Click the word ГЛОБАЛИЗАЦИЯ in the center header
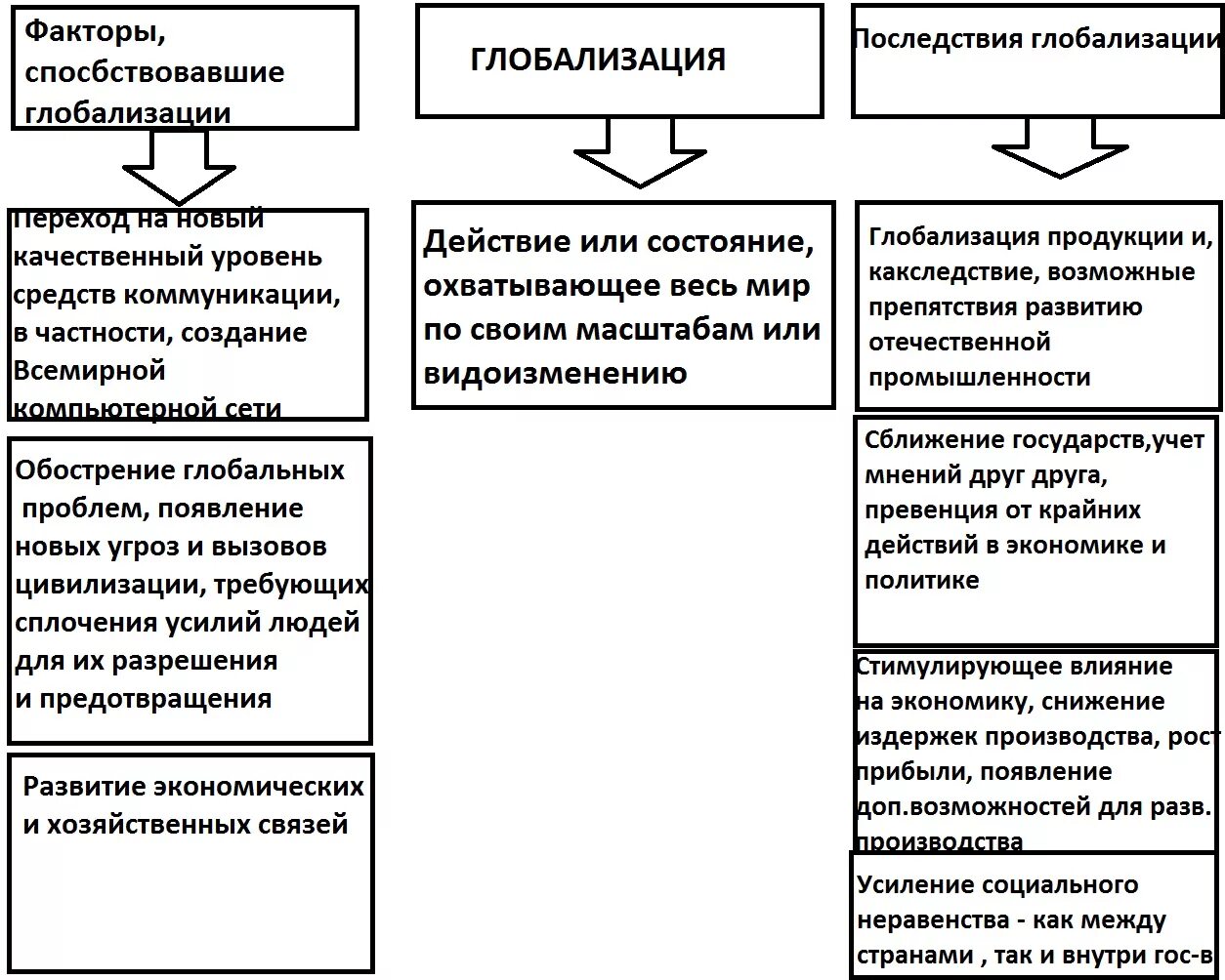[x=597, y=60]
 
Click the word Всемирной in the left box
[x=90, y=371]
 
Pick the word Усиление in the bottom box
[x=913, y=885]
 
